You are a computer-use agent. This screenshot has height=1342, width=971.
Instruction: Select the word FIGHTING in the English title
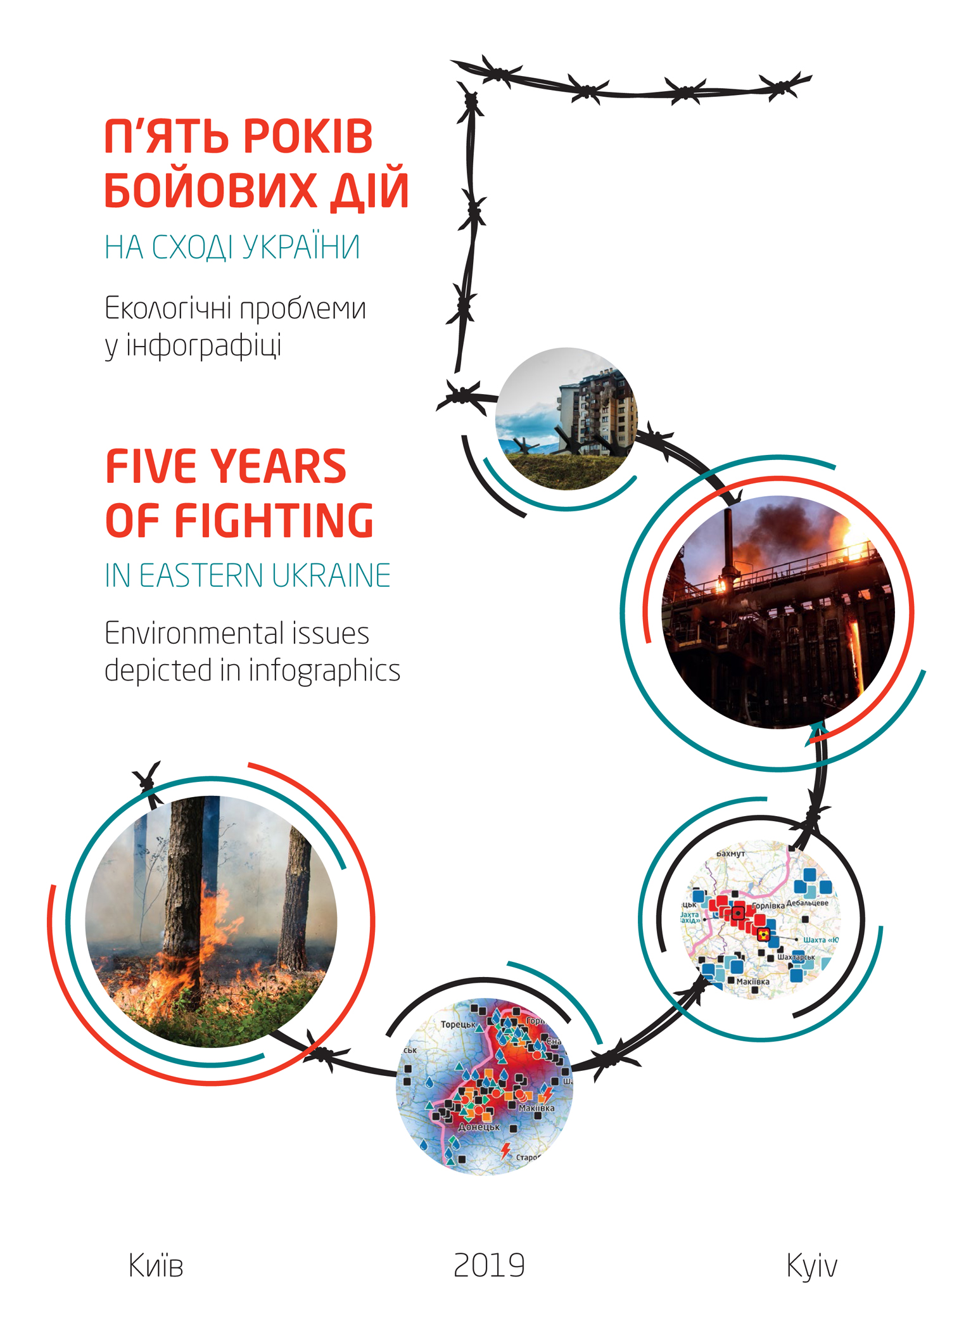pyautogui.click(x=274, y=521)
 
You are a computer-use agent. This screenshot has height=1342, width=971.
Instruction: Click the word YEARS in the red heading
pyautogui.click(x=279, y=466)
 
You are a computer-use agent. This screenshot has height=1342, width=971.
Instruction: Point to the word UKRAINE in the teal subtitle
pyautogui.click(x=331, y=575)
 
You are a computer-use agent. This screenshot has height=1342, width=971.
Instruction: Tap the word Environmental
pyautogui.click(x=193, y=633)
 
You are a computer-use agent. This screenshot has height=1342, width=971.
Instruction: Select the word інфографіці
pyautogui.click(x=203, y=346)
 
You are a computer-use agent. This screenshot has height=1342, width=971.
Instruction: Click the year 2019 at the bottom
pyautogui.click(x=489, y=1266)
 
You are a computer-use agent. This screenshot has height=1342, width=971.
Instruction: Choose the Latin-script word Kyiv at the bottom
pyautogui.click(x=811, y=1266)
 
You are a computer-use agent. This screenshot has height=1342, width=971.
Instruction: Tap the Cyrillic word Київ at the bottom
pyautogui.click(x=156, y=1266)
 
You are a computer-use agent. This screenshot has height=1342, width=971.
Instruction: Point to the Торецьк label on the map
pyautogui.click(x=458, y=1025)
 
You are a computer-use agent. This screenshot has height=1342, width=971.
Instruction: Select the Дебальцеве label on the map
pyautogui.click(x=807, y=903)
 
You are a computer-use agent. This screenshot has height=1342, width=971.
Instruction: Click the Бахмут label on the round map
pyautogui.click(x=730, y=853)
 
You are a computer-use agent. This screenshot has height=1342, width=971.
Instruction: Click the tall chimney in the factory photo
pyautogui.click(x=728, y=545)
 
